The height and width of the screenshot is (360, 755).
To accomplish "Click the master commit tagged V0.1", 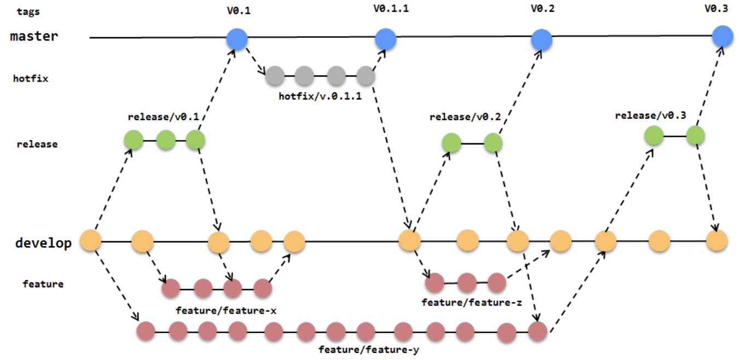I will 237,38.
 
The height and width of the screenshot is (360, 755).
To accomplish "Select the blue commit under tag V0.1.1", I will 386,38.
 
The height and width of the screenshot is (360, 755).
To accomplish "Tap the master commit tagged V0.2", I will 542,39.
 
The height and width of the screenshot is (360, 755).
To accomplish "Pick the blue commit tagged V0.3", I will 723,36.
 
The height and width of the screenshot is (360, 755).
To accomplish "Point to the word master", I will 34,37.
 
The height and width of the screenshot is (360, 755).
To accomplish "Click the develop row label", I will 43,243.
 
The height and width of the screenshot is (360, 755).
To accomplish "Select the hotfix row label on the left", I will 31,79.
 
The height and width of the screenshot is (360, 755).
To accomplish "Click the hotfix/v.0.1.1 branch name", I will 320,97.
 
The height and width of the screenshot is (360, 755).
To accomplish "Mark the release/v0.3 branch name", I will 651,116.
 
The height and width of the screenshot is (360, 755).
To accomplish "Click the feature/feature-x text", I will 226,311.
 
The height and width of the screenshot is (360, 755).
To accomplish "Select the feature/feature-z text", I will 472,302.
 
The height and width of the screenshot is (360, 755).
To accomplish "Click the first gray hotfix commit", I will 275,76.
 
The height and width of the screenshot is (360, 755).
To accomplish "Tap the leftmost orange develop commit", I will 91,241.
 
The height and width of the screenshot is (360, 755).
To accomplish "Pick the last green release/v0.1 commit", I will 195,141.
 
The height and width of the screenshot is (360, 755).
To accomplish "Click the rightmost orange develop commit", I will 716,241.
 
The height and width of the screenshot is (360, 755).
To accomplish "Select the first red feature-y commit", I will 146,330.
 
